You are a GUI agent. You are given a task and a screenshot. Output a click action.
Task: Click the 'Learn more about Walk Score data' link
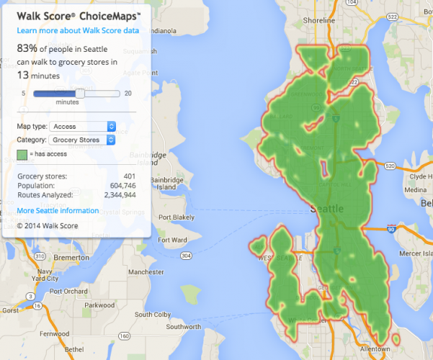[78, 32]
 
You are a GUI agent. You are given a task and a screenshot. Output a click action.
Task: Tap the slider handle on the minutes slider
[80, 93]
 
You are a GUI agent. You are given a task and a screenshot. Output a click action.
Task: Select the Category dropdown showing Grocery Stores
[82, 140]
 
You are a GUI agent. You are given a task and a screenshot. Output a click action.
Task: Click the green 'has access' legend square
[22, 155]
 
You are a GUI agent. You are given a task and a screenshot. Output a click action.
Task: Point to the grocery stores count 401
[129, 176]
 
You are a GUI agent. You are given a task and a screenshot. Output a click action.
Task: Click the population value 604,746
[122, 185]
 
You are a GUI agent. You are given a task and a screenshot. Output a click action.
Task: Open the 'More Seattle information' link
[58, 211]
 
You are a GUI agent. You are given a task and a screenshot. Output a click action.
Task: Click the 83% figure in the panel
[27, 48]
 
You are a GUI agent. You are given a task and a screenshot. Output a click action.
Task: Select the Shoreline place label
[319, 21]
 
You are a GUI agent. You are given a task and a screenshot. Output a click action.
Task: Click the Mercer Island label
[410, 253]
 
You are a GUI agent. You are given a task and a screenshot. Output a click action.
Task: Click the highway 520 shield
[390, 166]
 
